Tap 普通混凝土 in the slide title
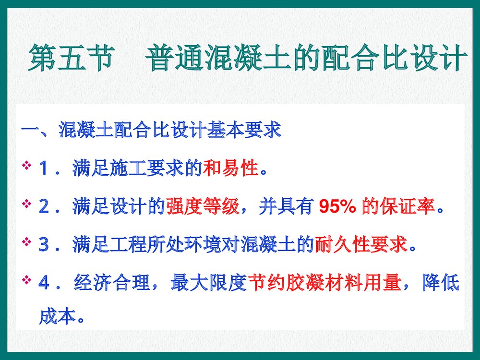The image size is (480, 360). click(207, 59)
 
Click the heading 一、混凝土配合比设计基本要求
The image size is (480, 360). click(152, 130)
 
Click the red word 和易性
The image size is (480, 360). click(231, 169)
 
